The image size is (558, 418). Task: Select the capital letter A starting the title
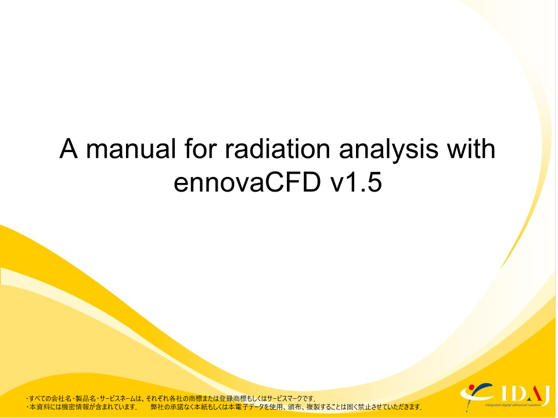tap(69, 149)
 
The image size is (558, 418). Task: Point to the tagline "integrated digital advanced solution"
tap(513, 405)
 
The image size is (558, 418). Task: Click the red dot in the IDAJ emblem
tap(471, 387)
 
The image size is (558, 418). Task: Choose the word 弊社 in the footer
tap(157, 407)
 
